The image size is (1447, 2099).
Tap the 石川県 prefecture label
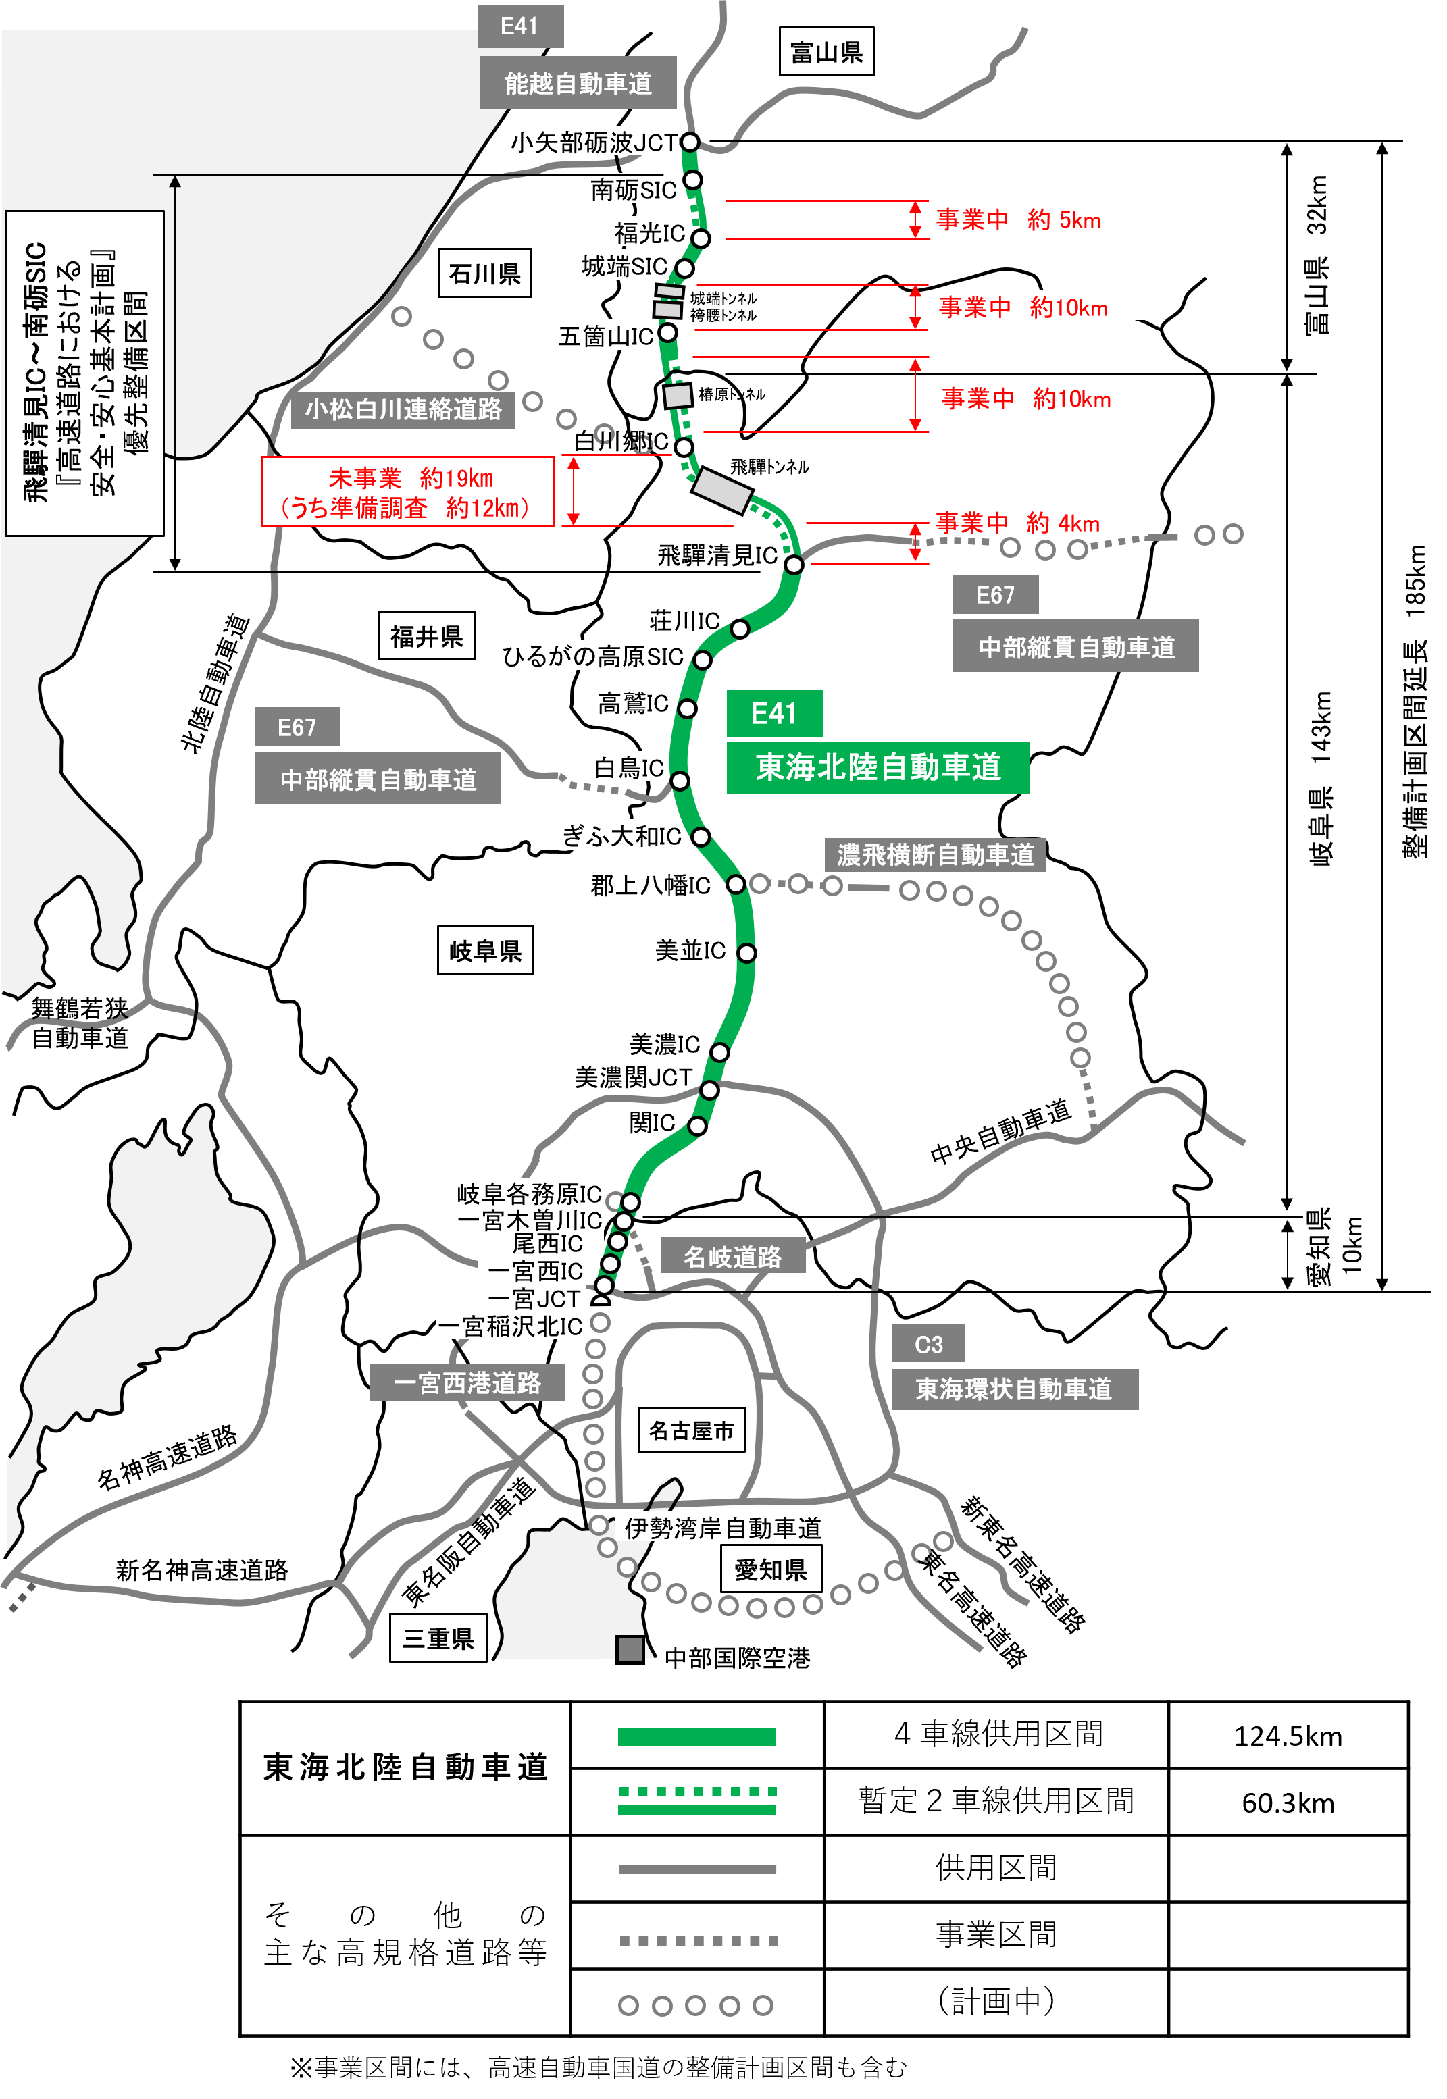click(x=485, y=274)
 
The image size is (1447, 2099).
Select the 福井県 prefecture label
click(x=426, y=636)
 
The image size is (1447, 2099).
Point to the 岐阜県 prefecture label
click(x=485, y=951)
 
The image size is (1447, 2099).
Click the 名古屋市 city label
click(x=691, y=1430)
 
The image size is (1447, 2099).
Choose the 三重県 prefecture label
click(x=438, y=1638)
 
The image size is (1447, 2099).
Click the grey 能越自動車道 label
click(x=578, y=83)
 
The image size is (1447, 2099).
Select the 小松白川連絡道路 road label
click(x=403, y=410)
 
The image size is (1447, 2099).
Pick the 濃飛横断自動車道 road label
click(x=935, y=854)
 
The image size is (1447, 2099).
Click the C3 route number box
click(x=928, y=1344)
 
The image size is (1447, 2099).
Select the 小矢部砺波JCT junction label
click(x=594, y=142)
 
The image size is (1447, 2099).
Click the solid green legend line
click(x=696, y=1736)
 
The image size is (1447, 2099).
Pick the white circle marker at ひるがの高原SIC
click(x=702, y=660)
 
